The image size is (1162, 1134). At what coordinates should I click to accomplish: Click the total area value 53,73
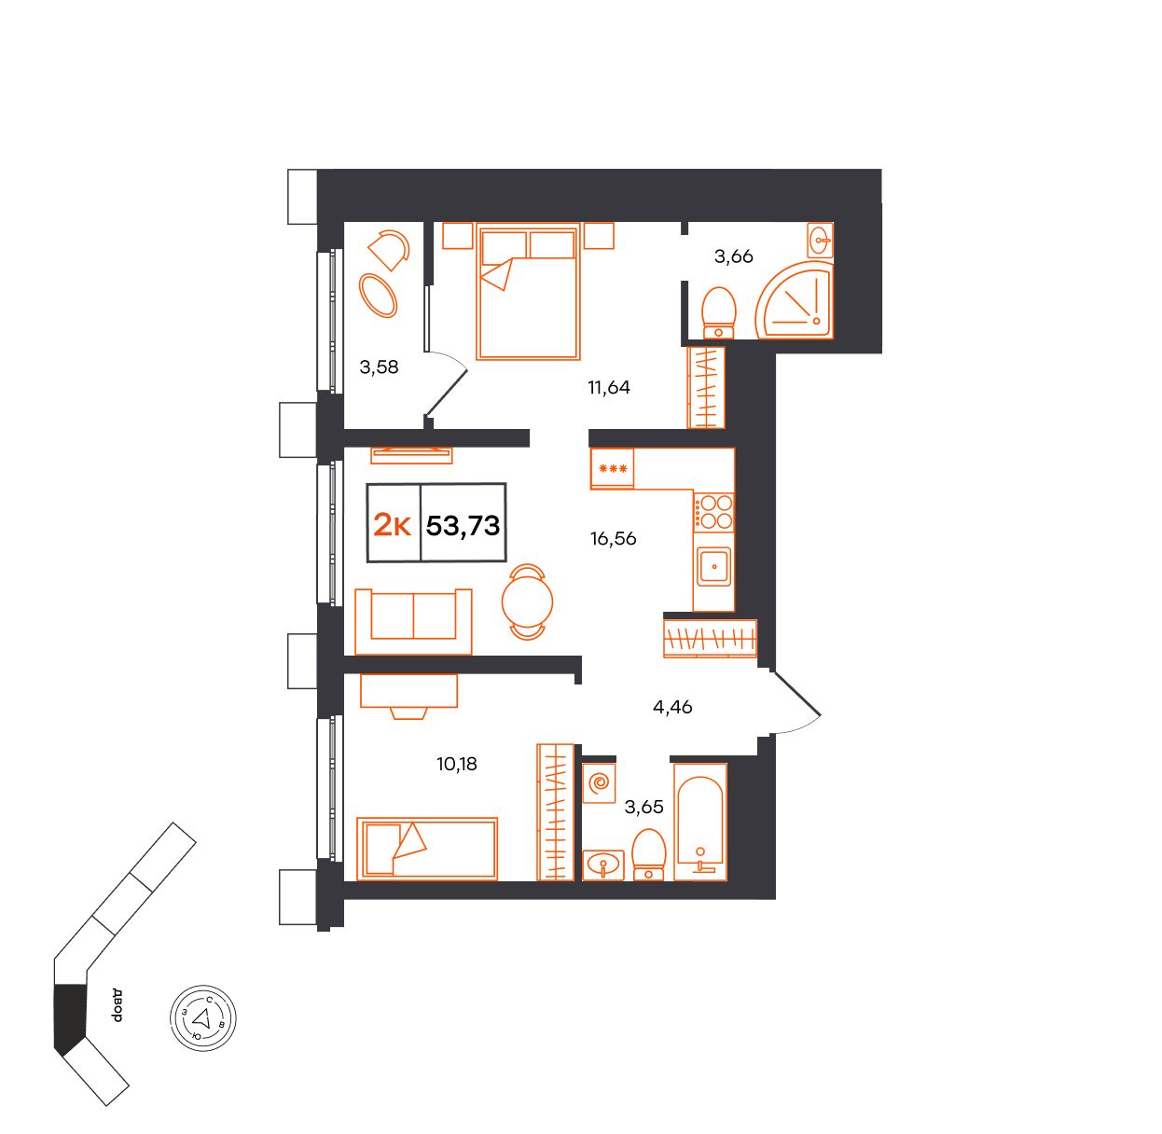point(463,525)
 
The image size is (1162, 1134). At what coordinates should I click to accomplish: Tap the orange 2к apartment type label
point(393,525)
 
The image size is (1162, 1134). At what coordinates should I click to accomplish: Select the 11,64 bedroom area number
point(608,388)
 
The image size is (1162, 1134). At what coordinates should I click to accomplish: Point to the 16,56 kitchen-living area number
point(614,539)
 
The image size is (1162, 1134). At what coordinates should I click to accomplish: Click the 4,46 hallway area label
point(672,707)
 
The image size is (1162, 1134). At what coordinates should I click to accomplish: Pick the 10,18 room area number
point(457,764)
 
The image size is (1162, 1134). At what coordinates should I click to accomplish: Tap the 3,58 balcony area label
point(379,366)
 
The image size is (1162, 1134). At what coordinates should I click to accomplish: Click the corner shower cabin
point(795,299)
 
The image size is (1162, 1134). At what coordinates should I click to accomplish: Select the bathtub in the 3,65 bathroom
point(700,822)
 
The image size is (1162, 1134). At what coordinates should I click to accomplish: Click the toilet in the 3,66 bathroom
point(718,313)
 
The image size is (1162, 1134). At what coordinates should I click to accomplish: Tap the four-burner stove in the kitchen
point(714,512)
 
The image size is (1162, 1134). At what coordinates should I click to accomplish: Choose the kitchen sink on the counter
point(714,567)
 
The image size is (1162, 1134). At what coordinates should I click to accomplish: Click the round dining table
point(527,602)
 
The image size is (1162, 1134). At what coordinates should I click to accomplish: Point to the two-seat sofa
point(413,622)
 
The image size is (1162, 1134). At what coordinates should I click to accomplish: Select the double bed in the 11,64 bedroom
point(528,291)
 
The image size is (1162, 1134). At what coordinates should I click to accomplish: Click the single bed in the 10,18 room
point(427,849)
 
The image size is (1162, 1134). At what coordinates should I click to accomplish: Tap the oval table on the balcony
point(378,296)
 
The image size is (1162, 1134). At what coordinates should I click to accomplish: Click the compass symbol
point(203,1017)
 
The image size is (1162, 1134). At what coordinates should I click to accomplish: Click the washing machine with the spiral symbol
point(599,782)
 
